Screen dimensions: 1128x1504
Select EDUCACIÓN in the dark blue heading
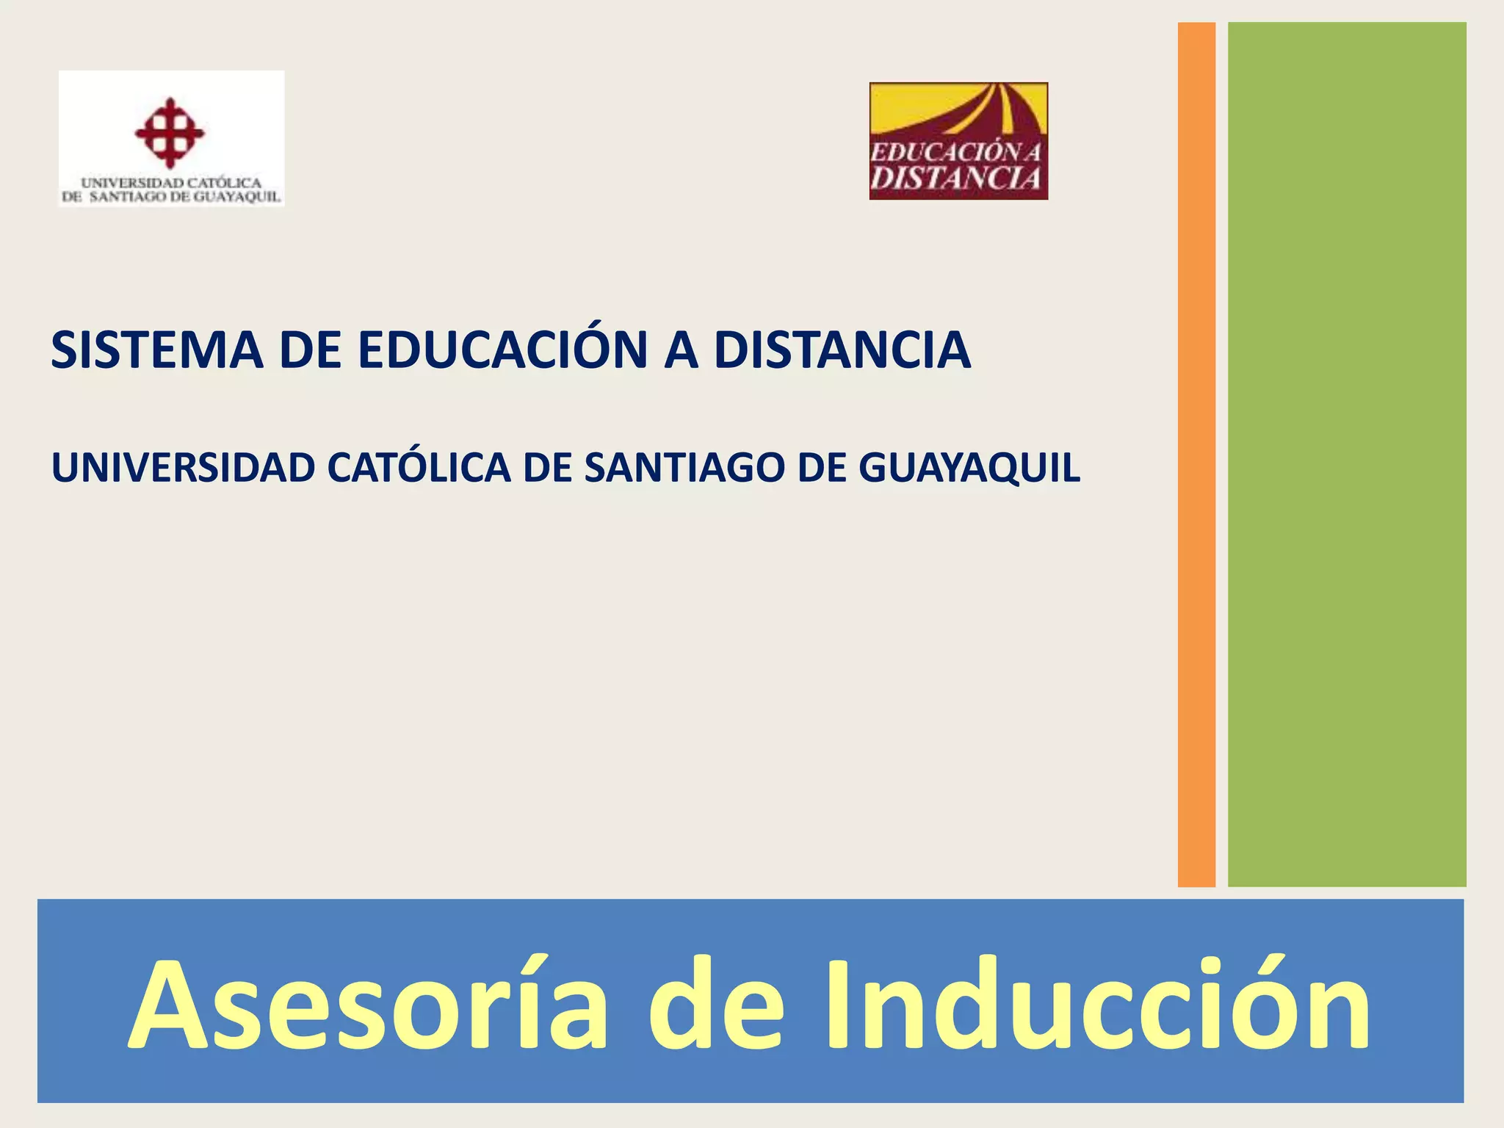click(502, 350)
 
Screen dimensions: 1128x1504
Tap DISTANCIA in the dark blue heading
click(842, 350)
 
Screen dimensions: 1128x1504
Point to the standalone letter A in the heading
click(681, 350)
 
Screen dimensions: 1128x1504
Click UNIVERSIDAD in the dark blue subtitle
click(183, 468)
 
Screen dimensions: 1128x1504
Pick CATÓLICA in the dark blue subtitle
click(419, 468)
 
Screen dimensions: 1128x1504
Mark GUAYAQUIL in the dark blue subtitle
click(969, 468)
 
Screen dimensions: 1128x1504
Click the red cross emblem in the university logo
click(170, 133)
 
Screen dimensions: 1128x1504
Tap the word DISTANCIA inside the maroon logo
click(957, 178)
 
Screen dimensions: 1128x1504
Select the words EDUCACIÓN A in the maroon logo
click(955, 153)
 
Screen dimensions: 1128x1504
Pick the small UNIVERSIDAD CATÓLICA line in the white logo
click(171, 182)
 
